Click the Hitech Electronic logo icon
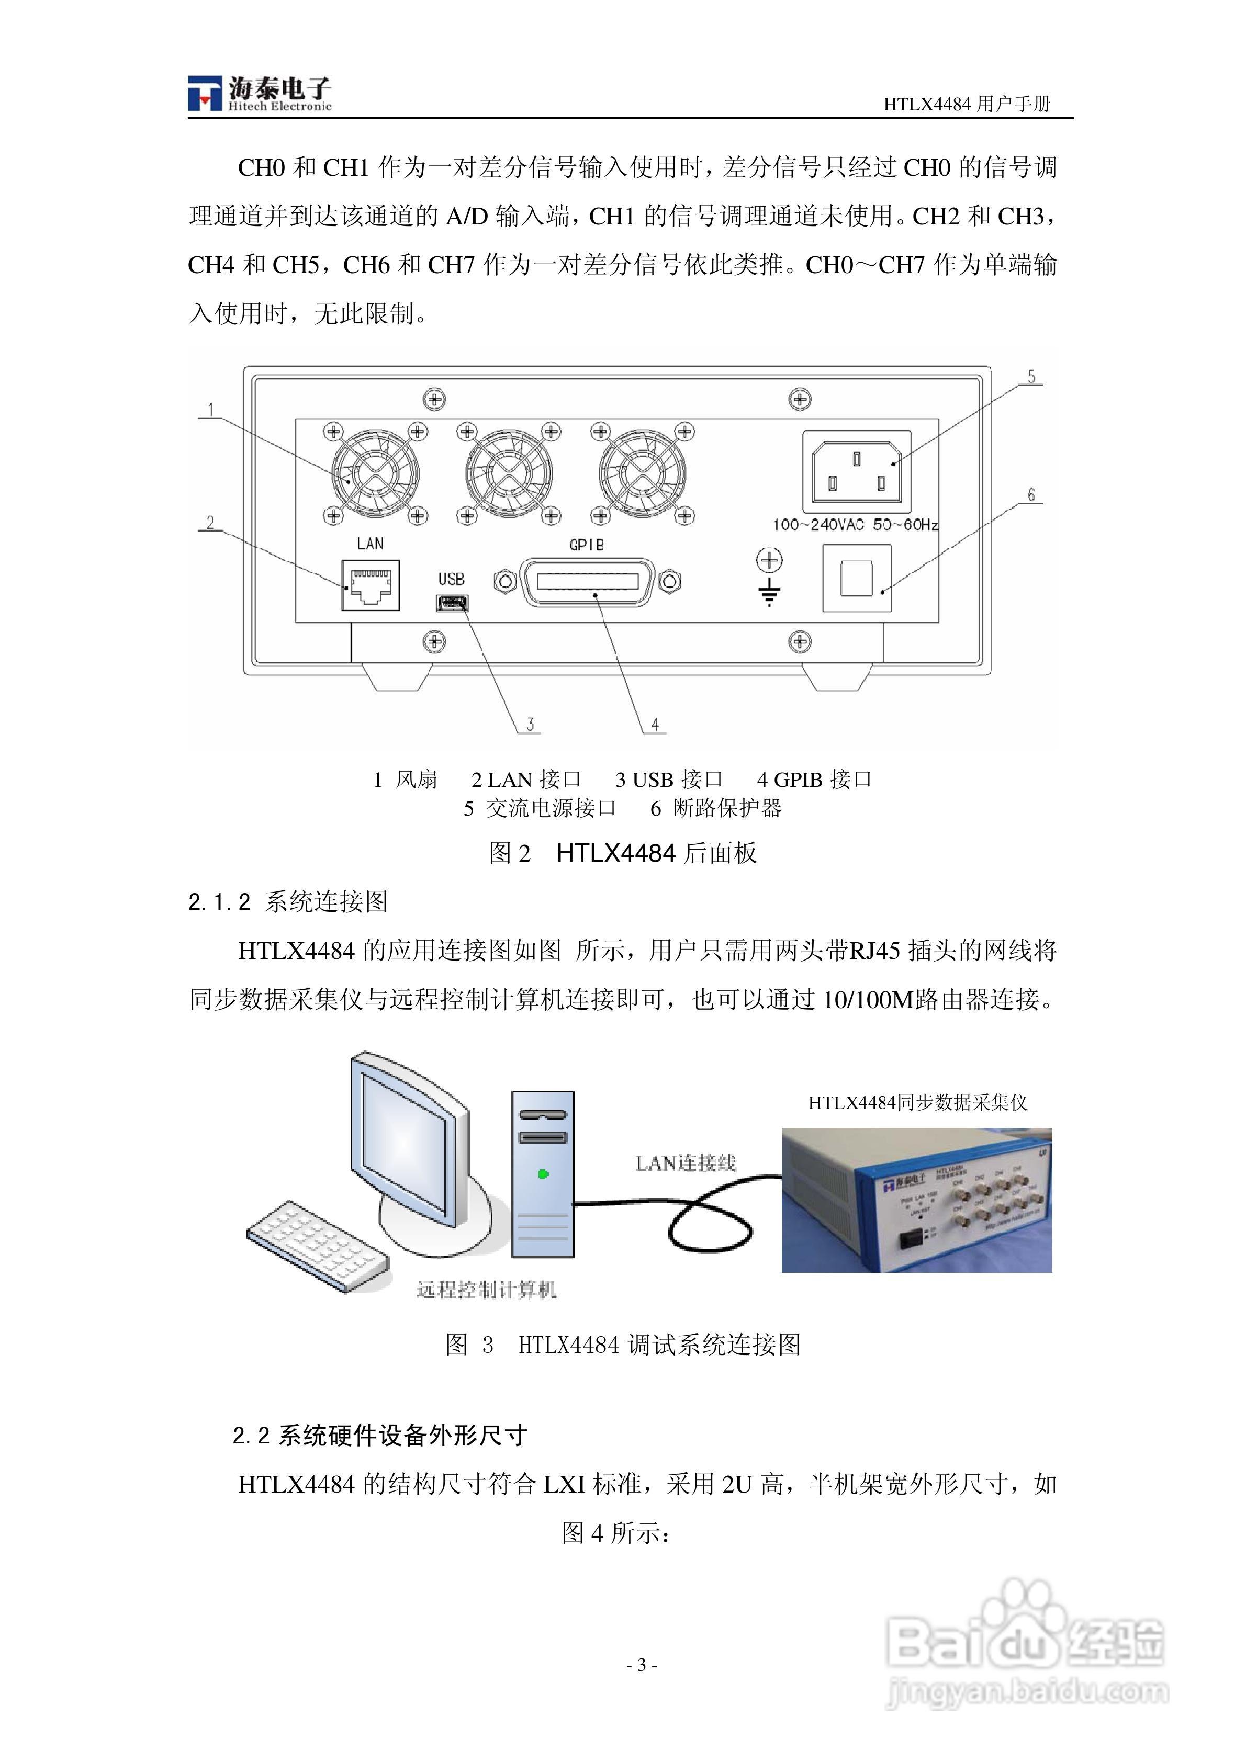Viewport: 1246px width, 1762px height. pos(204,94)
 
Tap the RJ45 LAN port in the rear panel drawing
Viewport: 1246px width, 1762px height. pos(371,585)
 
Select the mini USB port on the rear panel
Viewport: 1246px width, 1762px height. pos(452,603)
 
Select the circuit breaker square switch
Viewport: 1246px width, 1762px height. pos(857,578)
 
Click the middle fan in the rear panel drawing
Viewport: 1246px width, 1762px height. pos(508,473)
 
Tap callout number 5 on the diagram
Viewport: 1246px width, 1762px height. pos(1031,377)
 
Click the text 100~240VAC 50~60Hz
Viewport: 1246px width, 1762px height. pos(855,525)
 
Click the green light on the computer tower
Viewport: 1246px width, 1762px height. pos(544,1174)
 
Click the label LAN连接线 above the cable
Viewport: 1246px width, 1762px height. pos(686,1164)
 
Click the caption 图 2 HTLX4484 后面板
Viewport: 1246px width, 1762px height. pos(623,853)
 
